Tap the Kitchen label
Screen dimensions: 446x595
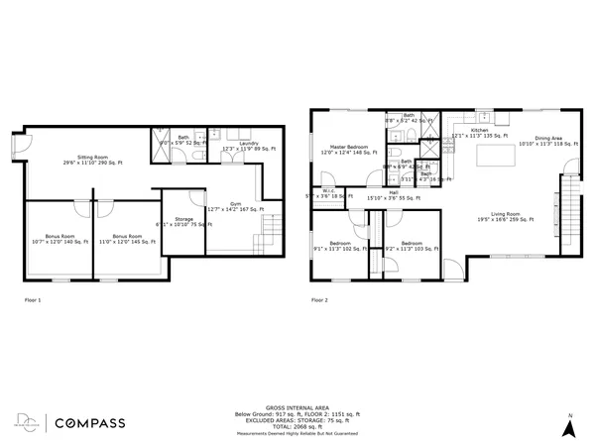tap(479, 133)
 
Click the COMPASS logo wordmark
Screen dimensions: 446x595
tap(88, 423)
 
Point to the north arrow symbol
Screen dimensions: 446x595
tap(569, 427)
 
